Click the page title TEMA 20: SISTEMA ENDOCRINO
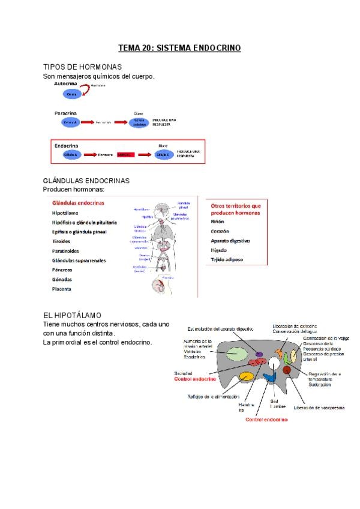[179, 47]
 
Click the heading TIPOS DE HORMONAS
[83, 67]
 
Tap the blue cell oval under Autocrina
[72, 95]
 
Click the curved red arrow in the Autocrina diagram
[85, 88]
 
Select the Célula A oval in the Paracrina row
[70, 122]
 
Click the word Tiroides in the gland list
[62, 241]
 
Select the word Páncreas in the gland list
[63, 270]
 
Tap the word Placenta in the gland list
[62, 289]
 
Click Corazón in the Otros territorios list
[221, 231]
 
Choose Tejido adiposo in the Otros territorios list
[230, 260]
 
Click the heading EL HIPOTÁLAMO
[73, 315]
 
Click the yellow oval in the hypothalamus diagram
[247, 377]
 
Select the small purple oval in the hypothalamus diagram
[259, 355]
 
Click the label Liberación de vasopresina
[319, 408]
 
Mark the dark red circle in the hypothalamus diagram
[287, 370]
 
